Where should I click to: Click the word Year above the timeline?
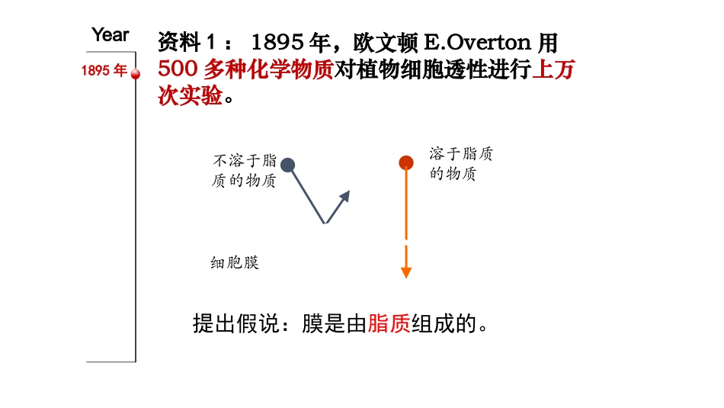pyautogui.click(x=111, y=35)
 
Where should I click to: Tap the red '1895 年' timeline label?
pyautogui.click(x=104, y=71)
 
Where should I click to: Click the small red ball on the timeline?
pyautogui.click(x=136, y=74)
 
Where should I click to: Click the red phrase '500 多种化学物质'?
pyautogui.click(x=245, y=70)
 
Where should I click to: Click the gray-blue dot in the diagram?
pyautogui.click(x=287, y=165)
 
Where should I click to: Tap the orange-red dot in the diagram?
pyautogui.click(x=406, y=162)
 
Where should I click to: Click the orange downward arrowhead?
pyautogui.click(x=406, y=272)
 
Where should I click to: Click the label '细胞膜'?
pyautogui.click(x=235, y=263)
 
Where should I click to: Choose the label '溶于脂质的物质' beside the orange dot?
pyautogui.click(x=460, y=164)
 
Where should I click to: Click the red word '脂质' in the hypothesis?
pyautogui.click(x=389, y=324)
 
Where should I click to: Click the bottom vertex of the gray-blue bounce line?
pyautogui.click(x=325, y=224)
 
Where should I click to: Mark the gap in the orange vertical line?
pyautogui.click(x=406, y=243)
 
